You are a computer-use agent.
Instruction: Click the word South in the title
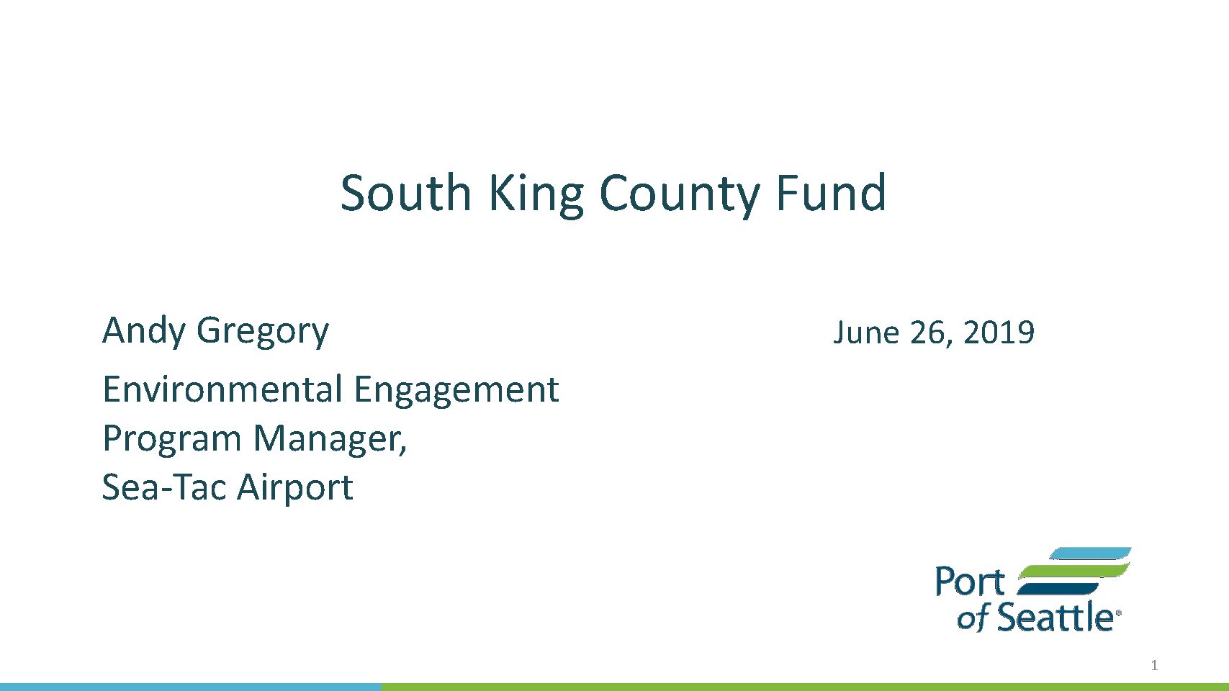tap(406, 193)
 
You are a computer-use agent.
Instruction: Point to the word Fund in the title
tap(832, 192)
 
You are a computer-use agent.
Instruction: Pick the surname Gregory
tap(263, 333)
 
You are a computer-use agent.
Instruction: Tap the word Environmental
tap(222, 389)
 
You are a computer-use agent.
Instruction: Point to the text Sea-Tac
tap(164, 487)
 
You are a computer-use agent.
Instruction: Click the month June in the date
tap(866, 333)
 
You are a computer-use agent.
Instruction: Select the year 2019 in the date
tap(999, 333)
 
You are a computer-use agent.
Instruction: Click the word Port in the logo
tap(970, 582)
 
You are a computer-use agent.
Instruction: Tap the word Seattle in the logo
tap(1055, 617)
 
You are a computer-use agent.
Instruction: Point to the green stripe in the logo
tap(1073, 571)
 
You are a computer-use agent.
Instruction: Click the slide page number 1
tap(1154, 666)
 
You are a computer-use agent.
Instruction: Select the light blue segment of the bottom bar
tap(191, 687)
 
